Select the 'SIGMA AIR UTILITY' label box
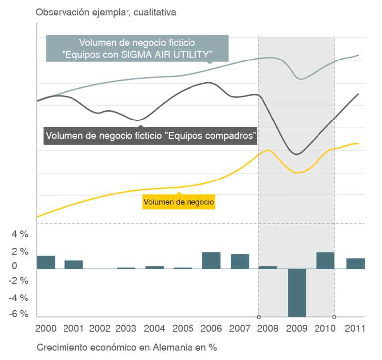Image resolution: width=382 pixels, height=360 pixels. pyautogui.click(x=137, y=48)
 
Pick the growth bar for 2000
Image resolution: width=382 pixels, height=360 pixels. pyautogui.click(x=47, y=262)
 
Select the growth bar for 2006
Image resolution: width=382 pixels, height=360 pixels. pyautogui.click(x=211, y=260)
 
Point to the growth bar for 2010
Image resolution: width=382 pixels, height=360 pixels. pyautogui.click(x=325, y=260)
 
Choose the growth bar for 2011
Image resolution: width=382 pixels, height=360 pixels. pyautogui.click(x=355, y=263)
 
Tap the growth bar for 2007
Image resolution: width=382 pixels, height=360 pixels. pyautogui.click(x=240, y=261)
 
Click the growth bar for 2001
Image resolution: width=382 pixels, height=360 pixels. pyautogui.click(x=73, y=264)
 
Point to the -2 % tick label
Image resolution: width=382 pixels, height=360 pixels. pyautogui.click(x=20, y=281)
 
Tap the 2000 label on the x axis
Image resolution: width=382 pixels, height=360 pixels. pyautogui.click(x=46, y=328)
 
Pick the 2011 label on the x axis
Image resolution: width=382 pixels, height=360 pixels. pyautogui.click(x=355, y=328)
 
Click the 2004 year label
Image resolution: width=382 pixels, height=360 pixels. pyautogui.click(x=154, y=328)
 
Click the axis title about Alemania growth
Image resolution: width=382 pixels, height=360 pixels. pyautogui.click(x=127, y=347)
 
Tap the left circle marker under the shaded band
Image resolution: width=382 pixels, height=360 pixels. pyautogui.click(x=258, y=317)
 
